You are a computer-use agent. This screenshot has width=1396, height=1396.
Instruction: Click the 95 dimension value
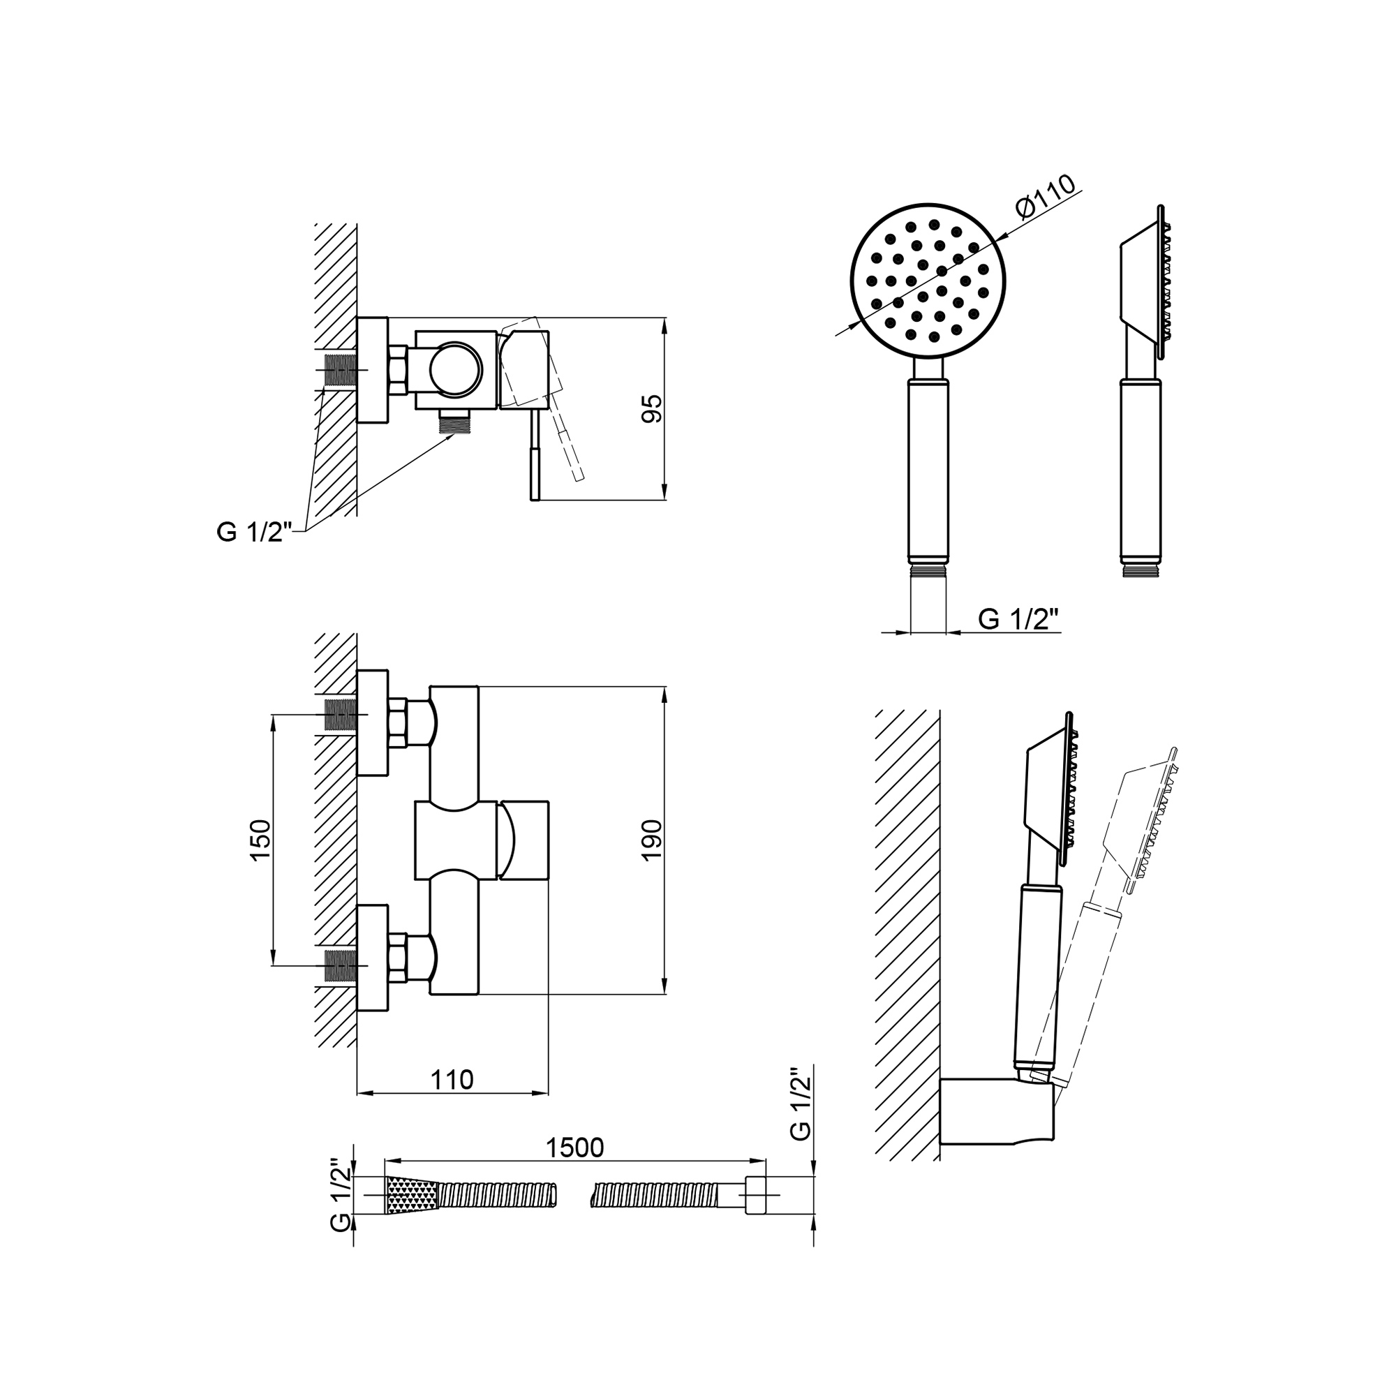coord(652,409)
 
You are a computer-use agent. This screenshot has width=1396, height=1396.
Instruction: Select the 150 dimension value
coord(260,839)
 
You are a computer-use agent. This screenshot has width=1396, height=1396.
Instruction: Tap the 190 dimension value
coord(652,840)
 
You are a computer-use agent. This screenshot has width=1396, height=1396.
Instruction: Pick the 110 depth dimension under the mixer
coord(452,1080)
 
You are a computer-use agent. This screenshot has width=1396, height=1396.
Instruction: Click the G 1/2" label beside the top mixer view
coord(254,533)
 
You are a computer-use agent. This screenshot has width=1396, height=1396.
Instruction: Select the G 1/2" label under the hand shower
coord(1018,619)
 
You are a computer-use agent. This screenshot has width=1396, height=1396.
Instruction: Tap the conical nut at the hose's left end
coord(413,1195)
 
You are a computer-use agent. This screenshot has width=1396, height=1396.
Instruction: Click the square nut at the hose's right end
coord(755,1195)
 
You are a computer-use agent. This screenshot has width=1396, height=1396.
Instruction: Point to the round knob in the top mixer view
coord(455,369)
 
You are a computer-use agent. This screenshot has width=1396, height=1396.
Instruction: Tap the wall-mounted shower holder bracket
coord(997,1122)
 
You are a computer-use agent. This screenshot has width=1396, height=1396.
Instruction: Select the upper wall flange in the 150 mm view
coord(373,722)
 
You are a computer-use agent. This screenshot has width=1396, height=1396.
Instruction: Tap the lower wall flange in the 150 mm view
coord(373,958)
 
